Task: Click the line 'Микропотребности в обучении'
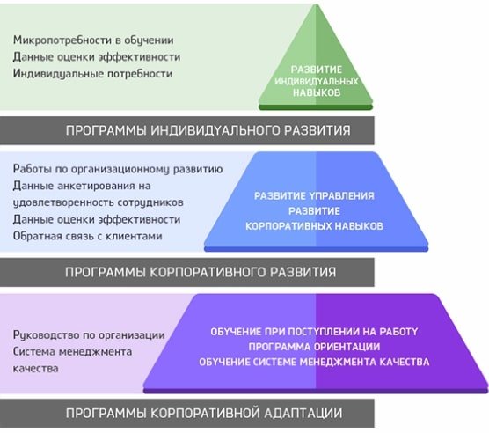pos(93,40)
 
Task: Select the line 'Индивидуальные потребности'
pos(92,74)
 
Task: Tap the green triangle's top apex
pos(317,4)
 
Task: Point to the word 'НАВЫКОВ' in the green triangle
pos(317,92)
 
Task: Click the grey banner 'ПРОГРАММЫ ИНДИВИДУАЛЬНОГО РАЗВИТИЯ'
pos(187,130)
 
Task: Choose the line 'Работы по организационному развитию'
pos(118,169)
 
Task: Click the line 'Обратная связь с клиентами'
pos(88,236)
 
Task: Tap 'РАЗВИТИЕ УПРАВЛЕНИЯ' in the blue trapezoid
pos(314,196)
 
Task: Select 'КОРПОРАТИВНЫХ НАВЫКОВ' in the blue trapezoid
pos(314,226)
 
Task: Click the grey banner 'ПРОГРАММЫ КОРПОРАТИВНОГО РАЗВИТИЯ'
pos(187,272)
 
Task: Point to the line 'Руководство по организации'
pos(89,335)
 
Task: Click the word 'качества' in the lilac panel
pos(35,369)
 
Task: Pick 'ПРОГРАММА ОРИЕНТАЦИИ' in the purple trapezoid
pos(314,347)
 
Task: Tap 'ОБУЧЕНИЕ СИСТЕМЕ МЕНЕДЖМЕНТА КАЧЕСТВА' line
pos(314,362)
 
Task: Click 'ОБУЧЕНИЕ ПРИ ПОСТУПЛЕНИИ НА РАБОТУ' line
pos(314,332)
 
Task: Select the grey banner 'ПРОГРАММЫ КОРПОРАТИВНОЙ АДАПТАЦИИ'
pos(187,414)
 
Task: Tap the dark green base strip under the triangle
pos(316,107)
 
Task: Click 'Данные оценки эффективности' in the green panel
pos(97,57)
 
